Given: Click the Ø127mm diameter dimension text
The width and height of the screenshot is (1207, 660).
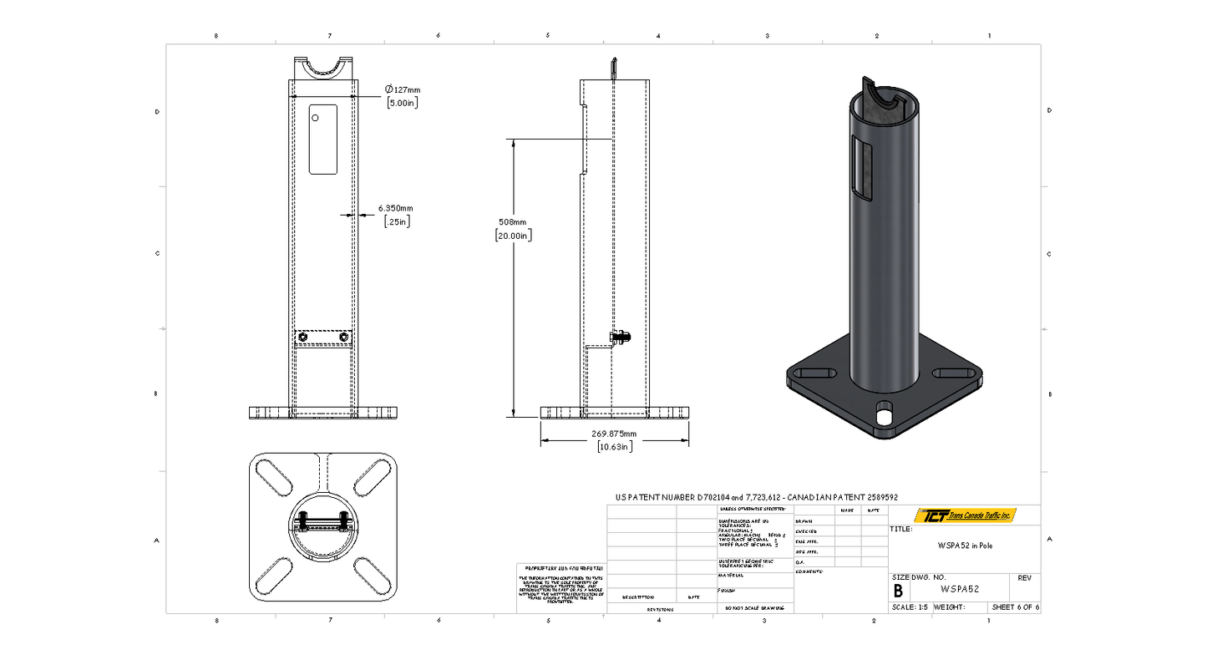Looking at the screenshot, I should pyautogui.click(x=403, y=89).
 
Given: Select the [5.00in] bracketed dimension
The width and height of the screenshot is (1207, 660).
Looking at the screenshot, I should pyautogui.click(x=402, y=103).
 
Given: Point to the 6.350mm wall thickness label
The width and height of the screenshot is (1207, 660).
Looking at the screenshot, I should pyautogui.click(x=395, y=208).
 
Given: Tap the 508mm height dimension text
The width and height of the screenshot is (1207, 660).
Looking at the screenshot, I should pyautogui.click(x=513, y=222).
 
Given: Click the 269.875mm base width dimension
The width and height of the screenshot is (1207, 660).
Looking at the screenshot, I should pyautogui.click(x=614, y=434).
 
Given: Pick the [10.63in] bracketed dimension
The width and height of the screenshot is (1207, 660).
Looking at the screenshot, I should pyautogui.click(x=614, y=447).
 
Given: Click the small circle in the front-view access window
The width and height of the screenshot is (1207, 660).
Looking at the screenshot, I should pyautogui.click(x=317, y=118).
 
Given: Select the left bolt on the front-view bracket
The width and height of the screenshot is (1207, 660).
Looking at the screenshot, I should pyautogui.click(x=302, y=337).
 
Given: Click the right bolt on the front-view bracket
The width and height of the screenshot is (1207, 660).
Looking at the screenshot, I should pyautogui.click(x=343, y=337).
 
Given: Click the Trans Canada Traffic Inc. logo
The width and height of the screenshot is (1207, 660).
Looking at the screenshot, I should pyautogui.click(x=965, y=515).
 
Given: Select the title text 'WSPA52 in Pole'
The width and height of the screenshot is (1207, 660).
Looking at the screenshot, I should pyautogui.click(x=964, y=546).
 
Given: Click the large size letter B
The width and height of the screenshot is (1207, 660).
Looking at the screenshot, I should pyautogui.click(x=898, y=591).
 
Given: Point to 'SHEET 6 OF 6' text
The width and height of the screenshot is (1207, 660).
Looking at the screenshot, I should pyautogui.click(x=1015, y=607).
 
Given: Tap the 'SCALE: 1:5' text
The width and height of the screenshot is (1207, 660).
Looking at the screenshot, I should pyautogui.click(x=910, y=607).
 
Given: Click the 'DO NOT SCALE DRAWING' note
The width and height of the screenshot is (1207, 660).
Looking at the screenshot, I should pyautogui.click(x=754, y=608).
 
